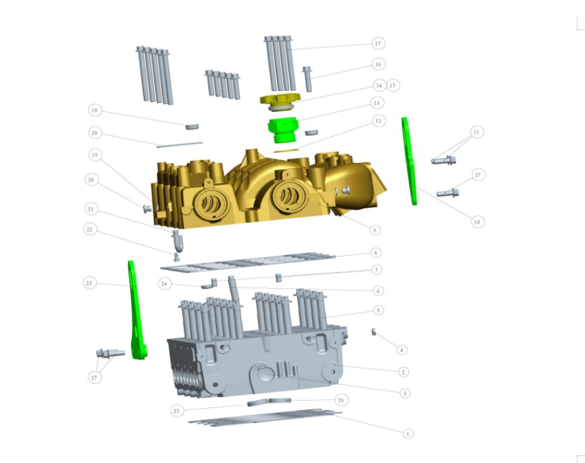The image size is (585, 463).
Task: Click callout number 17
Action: (378, 43)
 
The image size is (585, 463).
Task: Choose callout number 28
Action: (95, 133)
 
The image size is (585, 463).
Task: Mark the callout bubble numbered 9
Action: (375, 230)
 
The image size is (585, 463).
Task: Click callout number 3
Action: (405, 393)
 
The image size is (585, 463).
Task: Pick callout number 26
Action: (341, 399)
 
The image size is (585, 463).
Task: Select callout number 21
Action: (91, 209)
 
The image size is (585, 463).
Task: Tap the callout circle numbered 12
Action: (378, 120)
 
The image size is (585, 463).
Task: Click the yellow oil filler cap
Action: (279, 99)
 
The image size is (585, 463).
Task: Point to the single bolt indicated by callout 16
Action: (307, 77)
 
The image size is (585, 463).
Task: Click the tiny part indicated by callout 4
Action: (373, 331)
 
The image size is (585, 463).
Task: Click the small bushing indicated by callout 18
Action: (192, 126)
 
